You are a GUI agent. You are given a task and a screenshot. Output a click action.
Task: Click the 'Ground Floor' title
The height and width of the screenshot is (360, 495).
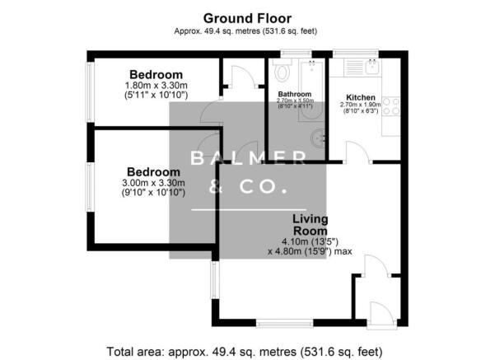(247, 17)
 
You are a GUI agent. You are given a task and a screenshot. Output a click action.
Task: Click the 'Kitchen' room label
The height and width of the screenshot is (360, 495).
(362, 97)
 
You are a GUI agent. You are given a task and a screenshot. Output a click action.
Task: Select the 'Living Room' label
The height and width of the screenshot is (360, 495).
(311, 225)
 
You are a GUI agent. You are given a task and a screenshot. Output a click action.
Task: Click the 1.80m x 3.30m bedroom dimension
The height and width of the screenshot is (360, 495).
(156, 85)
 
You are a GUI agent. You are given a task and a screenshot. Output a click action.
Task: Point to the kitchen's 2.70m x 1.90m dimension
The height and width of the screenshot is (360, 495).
(361, 105)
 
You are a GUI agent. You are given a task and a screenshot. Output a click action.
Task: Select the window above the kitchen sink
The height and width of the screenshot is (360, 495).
(355, 54)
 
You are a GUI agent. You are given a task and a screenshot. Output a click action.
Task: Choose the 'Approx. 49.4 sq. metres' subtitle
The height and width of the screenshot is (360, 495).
(247, 31)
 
